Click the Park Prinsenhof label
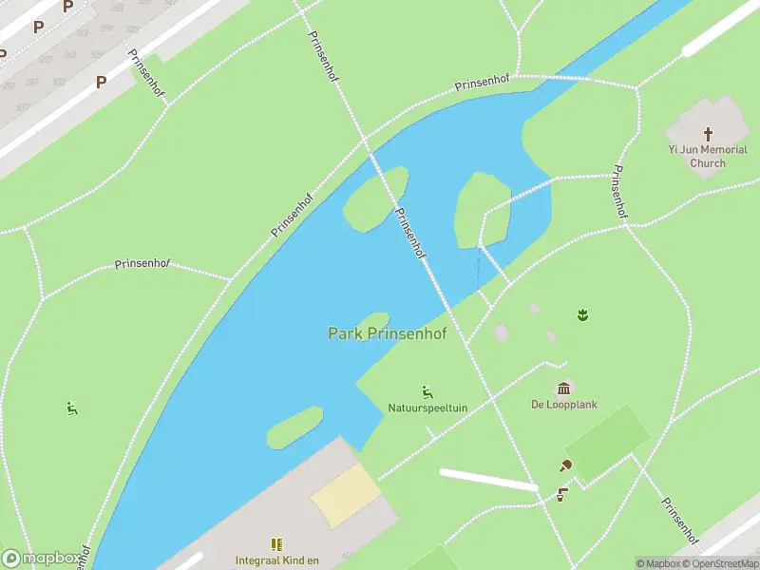(387, 333)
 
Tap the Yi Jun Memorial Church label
(708, 156)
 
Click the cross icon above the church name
(708, 135)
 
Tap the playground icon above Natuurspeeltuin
(427, 391)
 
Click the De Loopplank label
(564, 404)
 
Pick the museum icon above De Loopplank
(564, 388)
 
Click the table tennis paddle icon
(566, 465)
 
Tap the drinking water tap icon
(560, 494)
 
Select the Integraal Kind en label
(277, 560)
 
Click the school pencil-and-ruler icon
(276, 544)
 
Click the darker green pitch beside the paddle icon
(608, 443)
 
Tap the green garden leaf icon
(580, 314)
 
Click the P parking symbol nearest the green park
(100, 83)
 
